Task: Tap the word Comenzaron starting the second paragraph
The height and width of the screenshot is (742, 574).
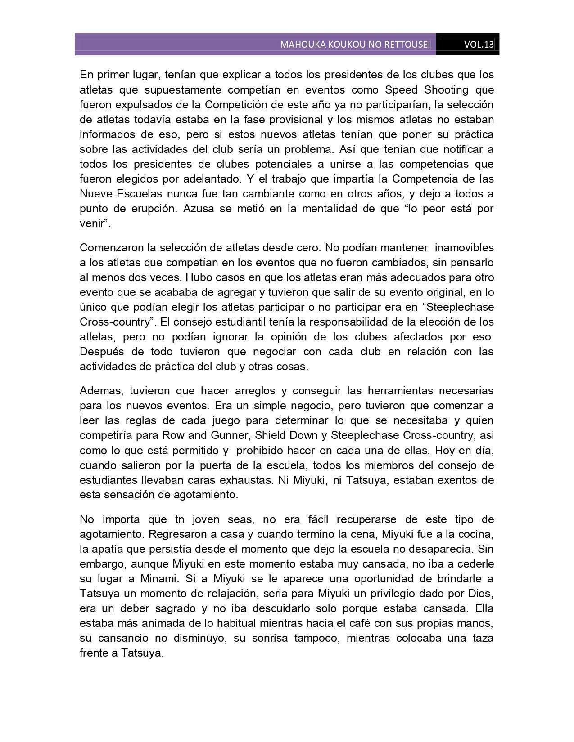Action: click(108, 248)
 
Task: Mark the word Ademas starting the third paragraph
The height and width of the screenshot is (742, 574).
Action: click(96, 391)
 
